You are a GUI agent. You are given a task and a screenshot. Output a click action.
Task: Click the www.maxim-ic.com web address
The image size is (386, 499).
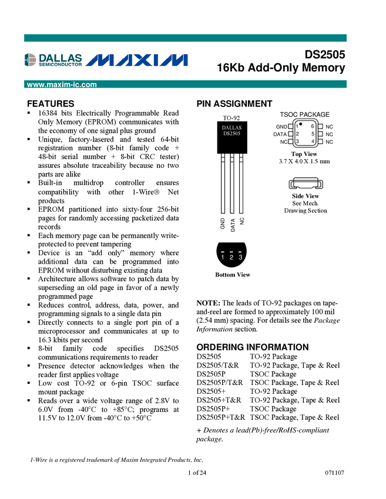point(62,85)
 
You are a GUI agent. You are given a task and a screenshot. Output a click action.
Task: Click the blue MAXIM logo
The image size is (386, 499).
point(137,60)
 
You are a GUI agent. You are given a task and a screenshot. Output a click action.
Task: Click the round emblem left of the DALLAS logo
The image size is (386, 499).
point(30,60)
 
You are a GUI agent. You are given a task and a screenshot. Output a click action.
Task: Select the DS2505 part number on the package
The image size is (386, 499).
point(231,134)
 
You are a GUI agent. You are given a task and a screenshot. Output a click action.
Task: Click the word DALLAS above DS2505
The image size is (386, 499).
point(231,128)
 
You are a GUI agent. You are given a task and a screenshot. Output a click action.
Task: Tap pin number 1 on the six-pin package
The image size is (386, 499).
point(297,127)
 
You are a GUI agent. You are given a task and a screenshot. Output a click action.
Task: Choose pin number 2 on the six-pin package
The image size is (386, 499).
point(297,134)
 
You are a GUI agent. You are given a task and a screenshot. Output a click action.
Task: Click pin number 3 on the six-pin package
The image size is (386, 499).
point(297,141)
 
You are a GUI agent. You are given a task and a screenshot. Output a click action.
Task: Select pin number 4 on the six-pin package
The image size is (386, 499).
point(313,141)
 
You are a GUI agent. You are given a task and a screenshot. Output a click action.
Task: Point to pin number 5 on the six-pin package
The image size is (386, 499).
point(313,134)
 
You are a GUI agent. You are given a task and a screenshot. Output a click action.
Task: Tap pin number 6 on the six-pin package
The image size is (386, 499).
point(313,126)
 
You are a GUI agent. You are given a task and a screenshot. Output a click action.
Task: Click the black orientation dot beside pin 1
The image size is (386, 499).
point(301,124)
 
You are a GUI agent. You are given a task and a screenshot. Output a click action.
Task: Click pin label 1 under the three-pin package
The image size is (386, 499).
point(223,258)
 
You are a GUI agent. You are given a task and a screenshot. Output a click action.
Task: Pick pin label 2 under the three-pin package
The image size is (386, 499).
point(231,258)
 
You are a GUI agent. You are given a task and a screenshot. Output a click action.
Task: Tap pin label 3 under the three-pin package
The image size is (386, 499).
point(241,258)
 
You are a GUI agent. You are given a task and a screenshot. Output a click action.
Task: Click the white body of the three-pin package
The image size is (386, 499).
point(232,238)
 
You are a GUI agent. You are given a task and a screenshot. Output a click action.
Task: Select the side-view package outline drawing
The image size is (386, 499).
point(306,186)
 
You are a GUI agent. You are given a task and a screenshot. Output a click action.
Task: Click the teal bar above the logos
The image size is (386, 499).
point(185,38)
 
